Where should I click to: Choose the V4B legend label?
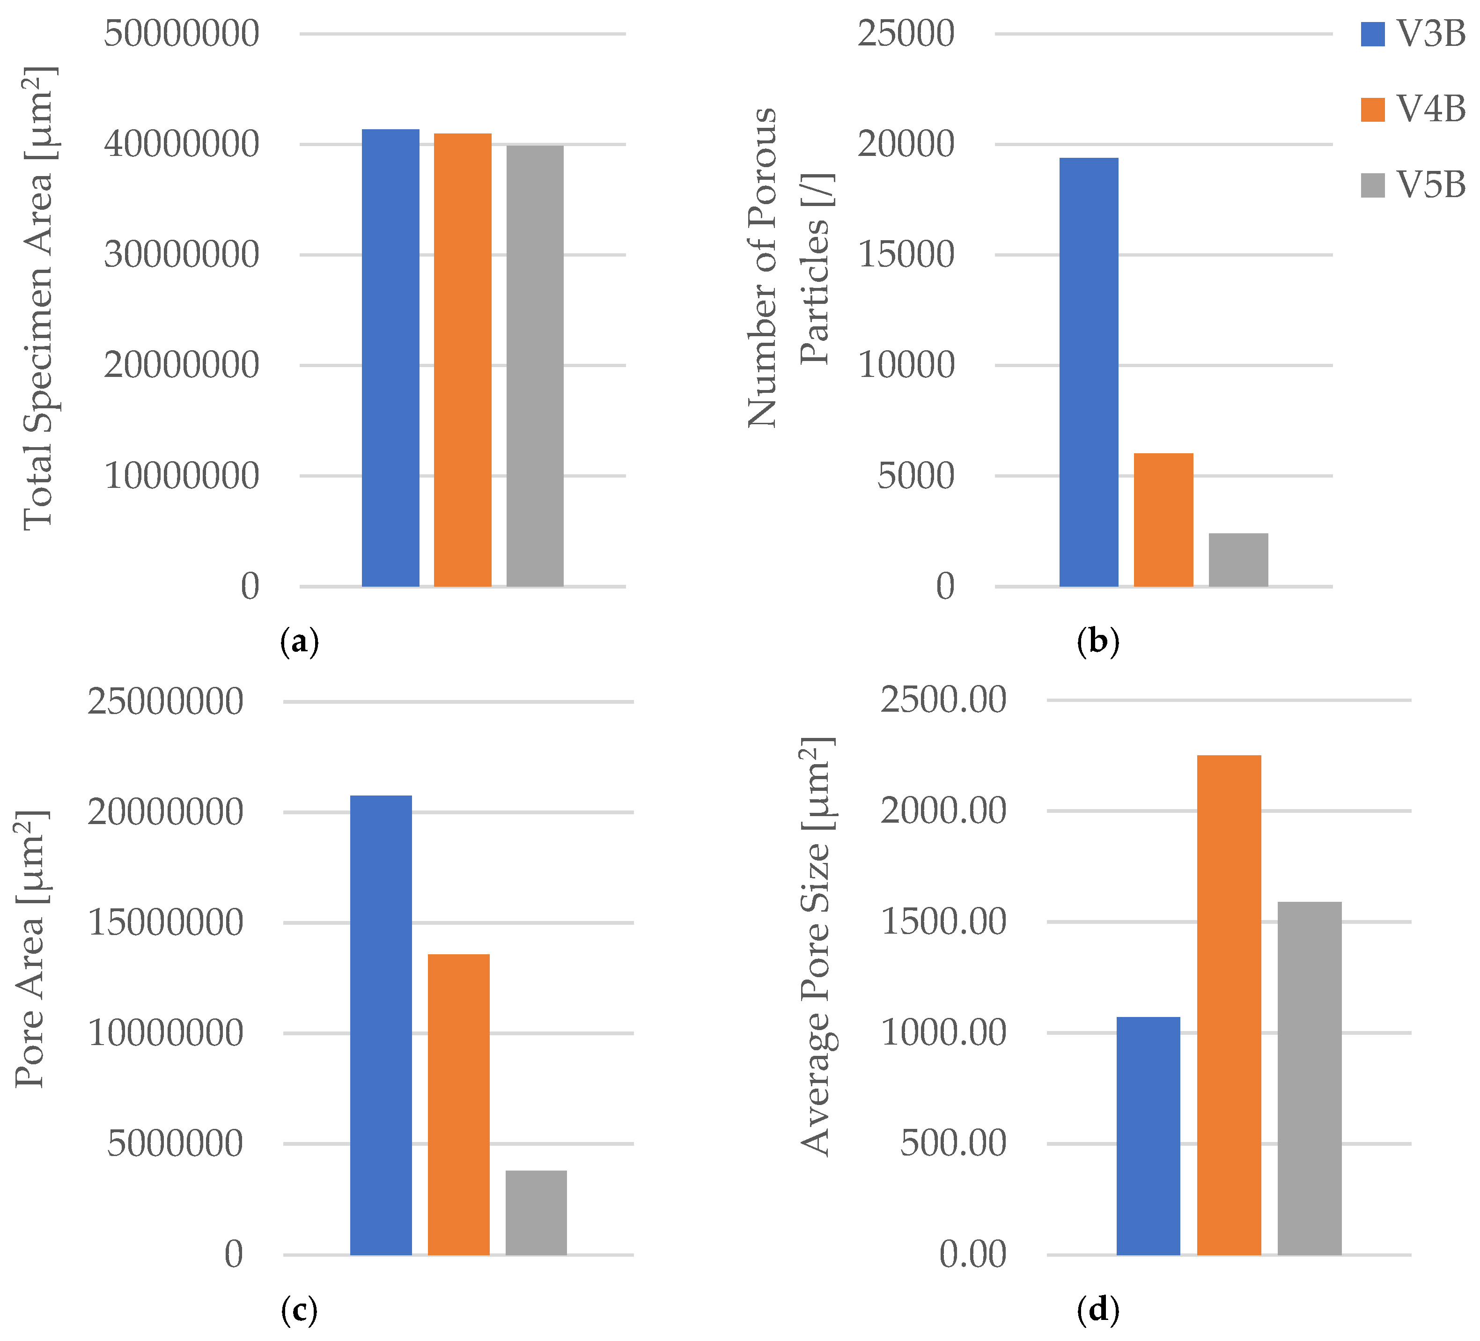coord(1429,110)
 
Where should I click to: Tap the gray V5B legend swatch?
coord(1372,185)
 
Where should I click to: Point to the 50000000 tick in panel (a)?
coord(181,34)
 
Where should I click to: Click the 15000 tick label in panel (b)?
coord(906,255)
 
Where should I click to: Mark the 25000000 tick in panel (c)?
coord(165,702)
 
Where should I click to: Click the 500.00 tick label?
coord(952,1143)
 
